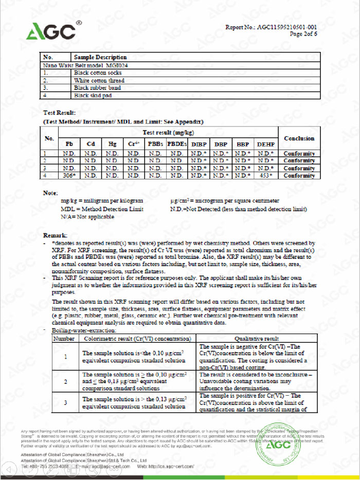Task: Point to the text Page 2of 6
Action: coord(303,34)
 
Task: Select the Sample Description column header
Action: coord(100,57)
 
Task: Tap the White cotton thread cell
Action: coord(99,81)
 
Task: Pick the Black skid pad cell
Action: coord(91,96)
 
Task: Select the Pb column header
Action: coord(69,144)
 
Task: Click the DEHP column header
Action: coord(266,144)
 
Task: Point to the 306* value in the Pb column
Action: coord(69,176)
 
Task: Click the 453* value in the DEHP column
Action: coord(266,176)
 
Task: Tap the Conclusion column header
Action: coord(299,138)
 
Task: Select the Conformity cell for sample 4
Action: coord(299,176)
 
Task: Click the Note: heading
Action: coord(50,193)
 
